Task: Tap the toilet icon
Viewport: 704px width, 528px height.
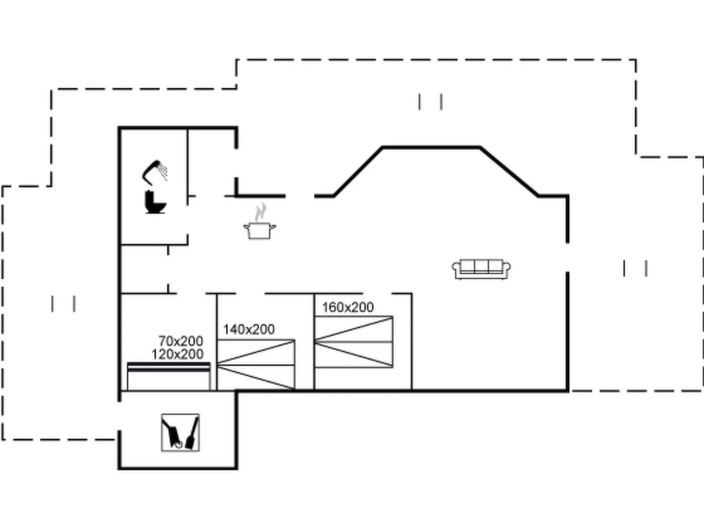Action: pos(155,202)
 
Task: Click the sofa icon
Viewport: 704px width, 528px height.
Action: pos(481,269)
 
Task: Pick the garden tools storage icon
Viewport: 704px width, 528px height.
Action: pos(180,432)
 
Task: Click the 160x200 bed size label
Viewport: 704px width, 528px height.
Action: pos(348,308)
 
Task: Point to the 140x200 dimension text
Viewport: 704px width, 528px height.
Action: pos(249,330)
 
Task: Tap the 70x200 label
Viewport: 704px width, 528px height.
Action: pos(181,341)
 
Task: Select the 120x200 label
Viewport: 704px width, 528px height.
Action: pos(178,354)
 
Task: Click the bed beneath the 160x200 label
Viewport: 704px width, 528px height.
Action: pos(354,342)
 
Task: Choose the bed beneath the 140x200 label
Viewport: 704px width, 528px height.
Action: pos(256,365)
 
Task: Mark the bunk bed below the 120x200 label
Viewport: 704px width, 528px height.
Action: pos(169,376)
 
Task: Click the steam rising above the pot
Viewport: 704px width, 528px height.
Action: pos(261,212)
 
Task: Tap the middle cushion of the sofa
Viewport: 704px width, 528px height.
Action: pos(481,266)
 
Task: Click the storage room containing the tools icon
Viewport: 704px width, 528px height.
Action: pos(178,429)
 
